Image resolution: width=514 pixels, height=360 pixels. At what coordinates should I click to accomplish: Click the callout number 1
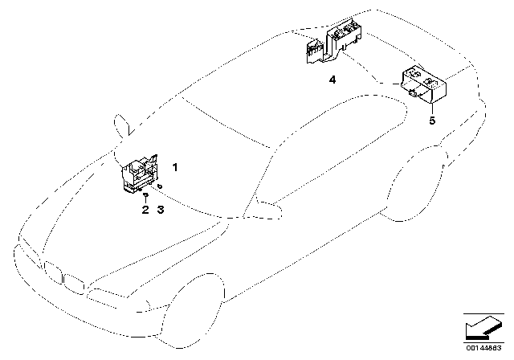pos(175,167)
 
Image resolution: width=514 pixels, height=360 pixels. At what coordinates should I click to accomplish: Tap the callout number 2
pos(145,210)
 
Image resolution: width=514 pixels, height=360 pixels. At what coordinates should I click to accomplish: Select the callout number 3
pos(161,210)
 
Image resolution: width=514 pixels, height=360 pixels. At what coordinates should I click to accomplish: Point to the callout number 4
pos(332,80)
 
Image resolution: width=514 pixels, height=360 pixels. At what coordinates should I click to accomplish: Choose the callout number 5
pos(432,121)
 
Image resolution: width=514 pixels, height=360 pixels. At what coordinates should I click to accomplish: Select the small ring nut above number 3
pos(160,186)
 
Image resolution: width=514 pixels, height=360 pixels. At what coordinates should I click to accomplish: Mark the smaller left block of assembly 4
pos(315,51)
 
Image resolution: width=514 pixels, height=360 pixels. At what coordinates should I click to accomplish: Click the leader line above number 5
pos(432,109)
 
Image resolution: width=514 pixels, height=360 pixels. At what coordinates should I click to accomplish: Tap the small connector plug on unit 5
pos(413,93)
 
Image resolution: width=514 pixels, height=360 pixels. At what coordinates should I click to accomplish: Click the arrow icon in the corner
pos(483,328)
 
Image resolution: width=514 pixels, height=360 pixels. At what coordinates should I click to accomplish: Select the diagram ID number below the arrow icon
pos(483,348)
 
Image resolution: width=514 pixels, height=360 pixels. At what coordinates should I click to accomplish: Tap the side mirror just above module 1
pos(122,125)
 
